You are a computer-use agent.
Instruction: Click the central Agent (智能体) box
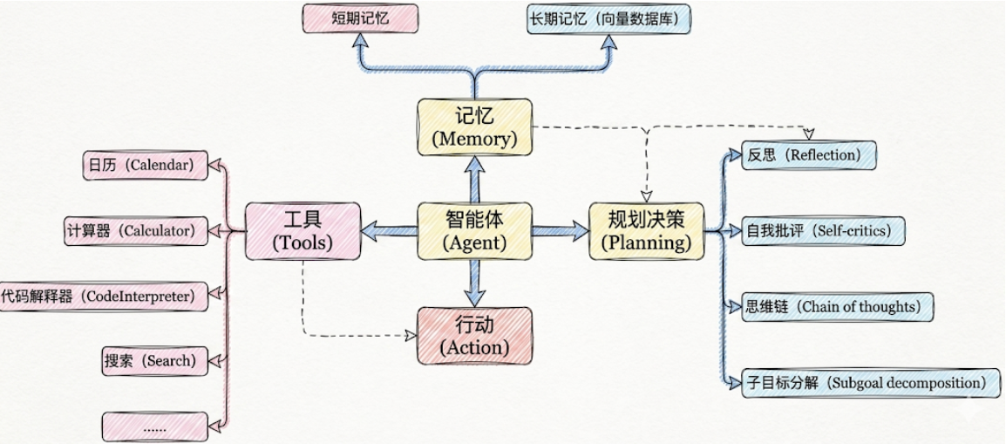pyautogui.click(x=475, y=231)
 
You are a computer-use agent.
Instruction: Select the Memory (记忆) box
pyautogui.click(x=475, y=127)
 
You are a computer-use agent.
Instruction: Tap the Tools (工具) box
pyautogui.click(x=302, y=231)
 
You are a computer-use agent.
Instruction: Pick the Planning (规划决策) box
pyautogui.click(x=647, y=231)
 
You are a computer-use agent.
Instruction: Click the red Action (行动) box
pyautogui.click(x=475, y=336)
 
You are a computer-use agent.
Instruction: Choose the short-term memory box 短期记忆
pyautogui.click(x=360, y=18)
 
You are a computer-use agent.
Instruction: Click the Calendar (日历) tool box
pyautogui.click(x=146, y=165)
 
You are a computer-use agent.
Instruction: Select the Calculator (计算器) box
pyautogui.click(x=136, y=229)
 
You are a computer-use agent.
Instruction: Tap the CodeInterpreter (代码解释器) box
pyautogui.click(x=104, y=297)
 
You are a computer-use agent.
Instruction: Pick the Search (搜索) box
pyautogui.click(x=154, y=360)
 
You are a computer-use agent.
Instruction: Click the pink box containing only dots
pyautogui.click(x=154, y=427)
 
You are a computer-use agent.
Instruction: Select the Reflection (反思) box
pyautogui.click(x=808, y=155)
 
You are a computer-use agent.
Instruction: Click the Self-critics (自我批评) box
pyautogui.click(x=823, y=229)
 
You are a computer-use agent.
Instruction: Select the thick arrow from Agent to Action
pyautogui.click(x=475, y=283)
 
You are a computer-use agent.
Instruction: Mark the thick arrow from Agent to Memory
pyautogui.click(x=475, y=179)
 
